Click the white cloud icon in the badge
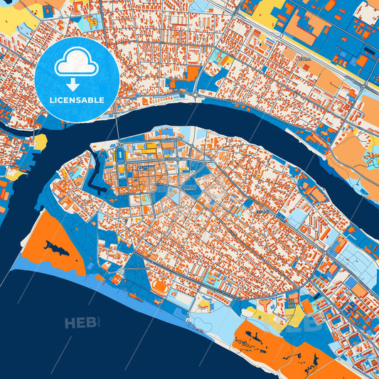[x=77, y=63]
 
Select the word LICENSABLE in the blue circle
[x=77, y=100]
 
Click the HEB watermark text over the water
[x=80, y=324]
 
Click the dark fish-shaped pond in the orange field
[x=55, y=247]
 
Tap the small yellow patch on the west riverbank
[x=40, y=142]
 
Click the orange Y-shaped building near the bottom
[x=267, y=304]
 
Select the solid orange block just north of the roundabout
[x=193, y=73]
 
